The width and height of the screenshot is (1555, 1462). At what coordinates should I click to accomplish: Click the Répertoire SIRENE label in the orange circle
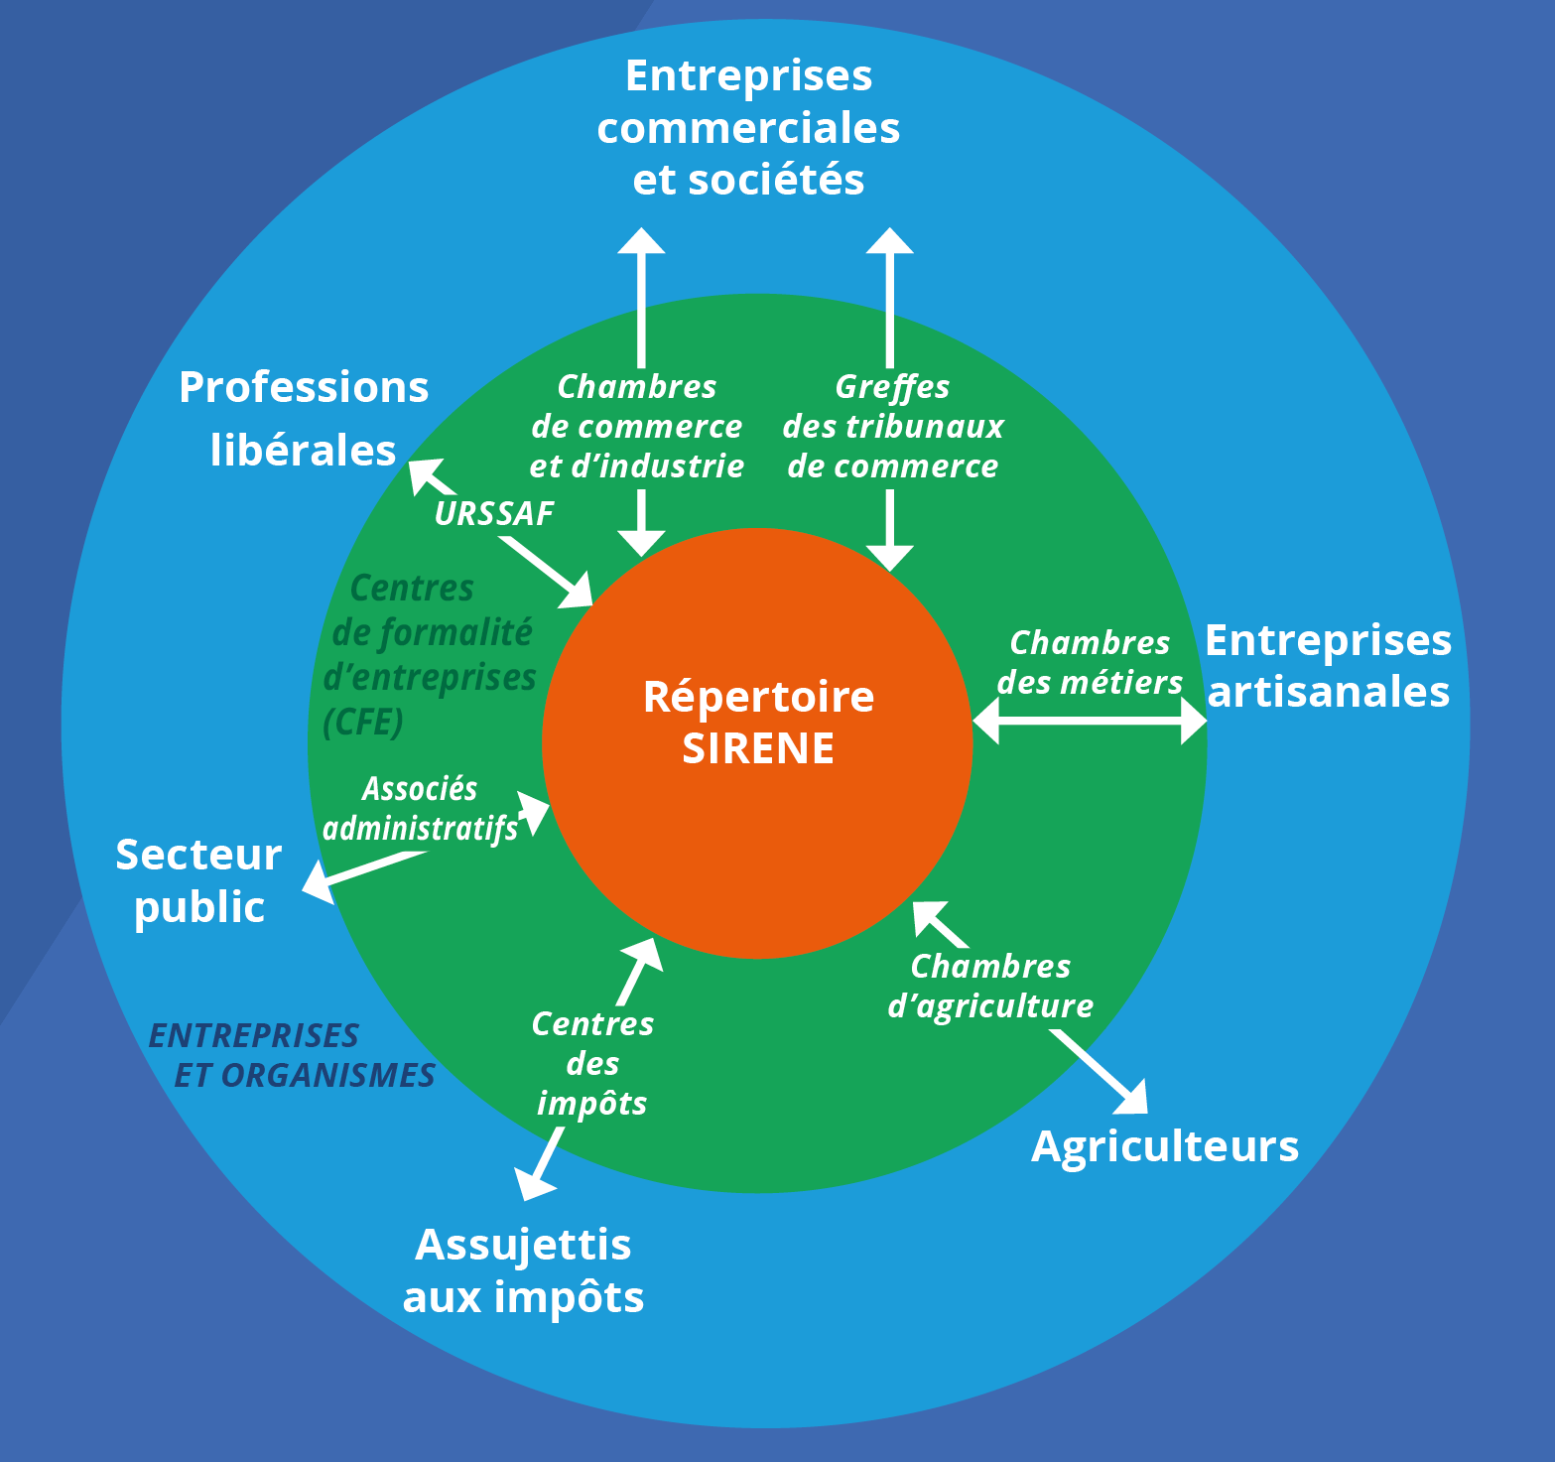758,722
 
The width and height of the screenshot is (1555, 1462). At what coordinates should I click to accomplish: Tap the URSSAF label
494,513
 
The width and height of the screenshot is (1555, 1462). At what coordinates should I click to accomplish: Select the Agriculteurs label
1164,1146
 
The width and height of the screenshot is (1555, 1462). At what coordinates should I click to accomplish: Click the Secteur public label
198,880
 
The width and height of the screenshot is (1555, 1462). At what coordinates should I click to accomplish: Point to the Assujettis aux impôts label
523,1270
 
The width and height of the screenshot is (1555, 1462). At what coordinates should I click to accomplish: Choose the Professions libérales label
304,418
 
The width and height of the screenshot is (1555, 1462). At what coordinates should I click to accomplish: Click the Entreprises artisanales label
1328,666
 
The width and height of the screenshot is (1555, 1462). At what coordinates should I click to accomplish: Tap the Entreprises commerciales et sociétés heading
748,127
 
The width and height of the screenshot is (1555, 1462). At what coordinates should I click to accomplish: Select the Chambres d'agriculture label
990,986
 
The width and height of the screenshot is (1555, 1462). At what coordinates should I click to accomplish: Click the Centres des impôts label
592,1063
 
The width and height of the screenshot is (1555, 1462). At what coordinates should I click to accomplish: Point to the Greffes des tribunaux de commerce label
892,426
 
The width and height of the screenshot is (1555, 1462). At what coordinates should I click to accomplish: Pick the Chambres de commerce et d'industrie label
637,426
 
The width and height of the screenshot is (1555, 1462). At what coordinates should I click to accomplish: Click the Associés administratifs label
420,808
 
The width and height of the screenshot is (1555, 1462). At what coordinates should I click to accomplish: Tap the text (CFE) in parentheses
363,722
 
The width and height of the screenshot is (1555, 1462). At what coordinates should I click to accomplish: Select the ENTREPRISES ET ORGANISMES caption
291,1055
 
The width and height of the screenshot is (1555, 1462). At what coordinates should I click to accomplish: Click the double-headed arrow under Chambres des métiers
1089,720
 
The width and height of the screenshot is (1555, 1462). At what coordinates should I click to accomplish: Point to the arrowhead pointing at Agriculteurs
1134,1099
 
